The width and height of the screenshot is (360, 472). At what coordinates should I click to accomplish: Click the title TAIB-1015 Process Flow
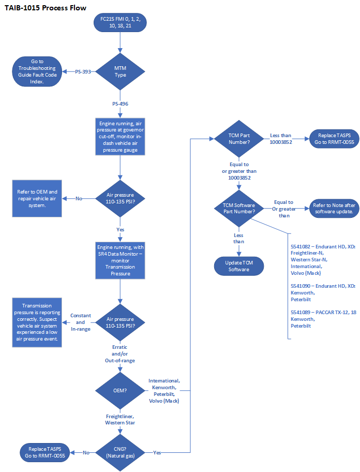(45, 8)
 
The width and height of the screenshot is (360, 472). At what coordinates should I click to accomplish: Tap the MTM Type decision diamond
(120, 71)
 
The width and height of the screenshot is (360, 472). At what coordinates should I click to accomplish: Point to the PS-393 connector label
(83, 71)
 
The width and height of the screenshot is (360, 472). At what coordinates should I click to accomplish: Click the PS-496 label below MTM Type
(120, 104)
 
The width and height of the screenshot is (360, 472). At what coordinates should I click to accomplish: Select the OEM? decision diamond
(120, 390)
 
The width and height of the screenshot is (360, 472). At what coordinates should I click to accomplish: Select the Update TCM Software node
(238, 266)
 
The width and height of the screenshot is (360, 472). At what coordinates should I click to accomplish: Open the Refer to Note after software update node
(333, 208)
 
